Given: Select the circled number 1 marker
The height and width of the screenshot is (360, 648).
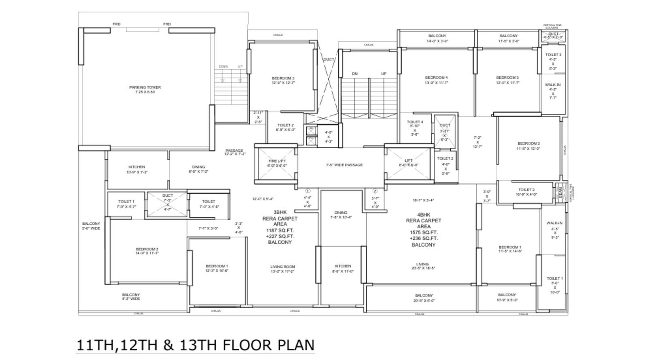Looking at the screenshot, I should [x=307, y=191].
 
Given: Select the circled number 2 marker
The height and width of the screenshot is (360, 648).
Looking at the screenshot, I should [x=375, y=191].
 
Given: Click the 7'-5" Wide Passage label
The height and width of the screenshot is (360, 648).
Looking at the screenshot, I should [x=344, y=165].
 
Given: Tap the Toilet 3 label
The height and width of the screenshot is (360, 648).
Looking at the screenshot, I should [x=553, y=55].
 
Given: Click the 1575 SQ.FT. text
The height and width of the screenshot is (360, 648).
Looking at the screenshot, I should [x=424, y=233].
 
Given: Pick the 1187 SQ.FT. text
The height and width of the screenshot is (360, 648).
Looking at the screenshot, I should [x=279, y=230].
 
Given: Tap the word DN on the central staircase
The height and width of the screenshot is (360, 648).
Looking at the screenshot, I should [x=355, y=74].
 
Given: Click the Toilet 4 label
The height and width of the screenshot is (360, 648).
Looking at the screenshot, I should [x=415, y=122].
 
